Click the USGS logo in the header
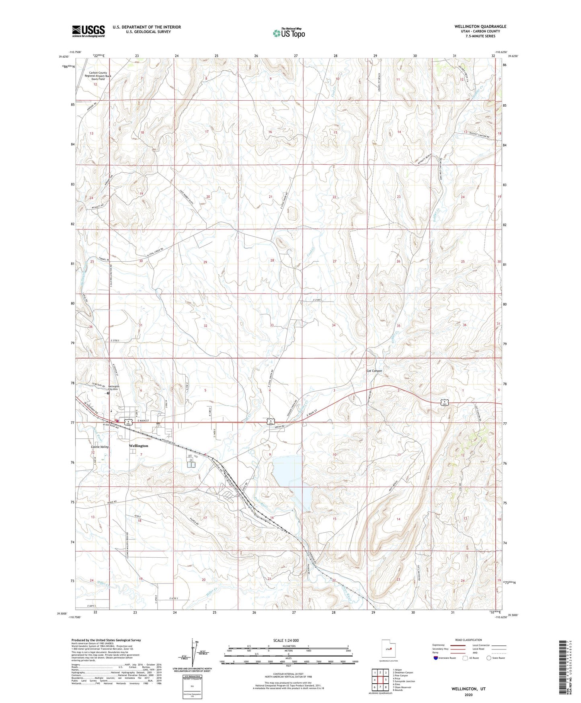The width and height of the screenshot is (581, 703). coord(88,31)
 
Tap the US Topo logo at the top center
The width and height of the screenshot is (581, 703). coord(288,33)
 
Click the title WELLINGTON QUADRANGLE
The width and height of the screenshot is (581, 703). coord(480,27)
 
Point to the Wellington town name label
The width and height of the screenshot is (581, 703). coord(138,446)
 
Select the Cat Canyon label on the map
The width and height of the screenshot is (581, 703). coord(374,370)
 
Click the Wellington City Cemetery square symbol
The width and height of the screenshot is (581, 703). coord(108,394)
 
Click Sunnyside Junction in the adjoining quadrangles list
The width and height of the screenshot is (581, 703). coord(403,681)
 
